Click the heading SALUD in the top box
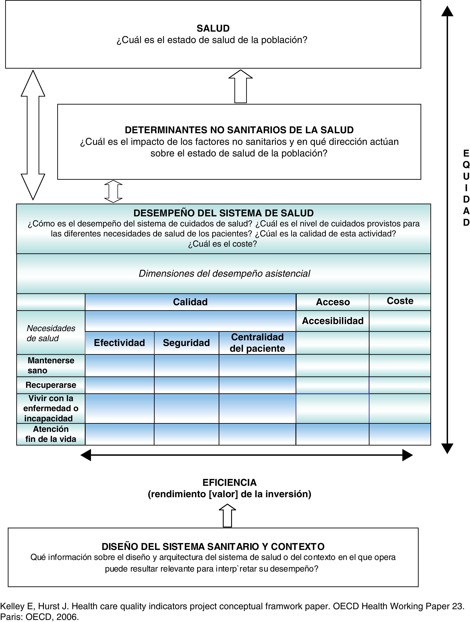(x=213, y=28)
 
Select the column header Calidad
(x=190, y=302)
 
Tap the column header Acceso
(x=333, y=302)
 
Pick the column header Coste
(x=400, y=301)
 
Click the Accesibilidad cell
(x=333, y=321)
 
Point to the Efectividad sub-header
(x=119, y=343)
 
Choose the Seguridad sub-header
(x=186, y=343)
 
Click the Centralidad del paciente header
(x=257, y=343)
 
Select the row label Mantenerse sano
(x=51, y=366)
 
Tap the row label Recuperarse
(x=51, y=385)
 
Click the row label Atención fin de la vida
(x=51, y=434)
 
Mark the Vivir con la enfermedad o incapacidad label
(x=51, y=408)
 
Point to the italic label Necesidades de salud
(x=51, y=333)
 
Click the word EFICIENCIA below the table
(x=229, y=483)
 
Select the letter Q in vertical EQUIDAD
(x=466, y=165)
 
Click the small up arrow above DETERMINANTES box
(x=241, y=86)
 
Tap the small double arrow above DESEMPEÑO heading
(x=113, y=191)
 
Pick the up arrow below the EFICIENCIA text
(x=227, y=515)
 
